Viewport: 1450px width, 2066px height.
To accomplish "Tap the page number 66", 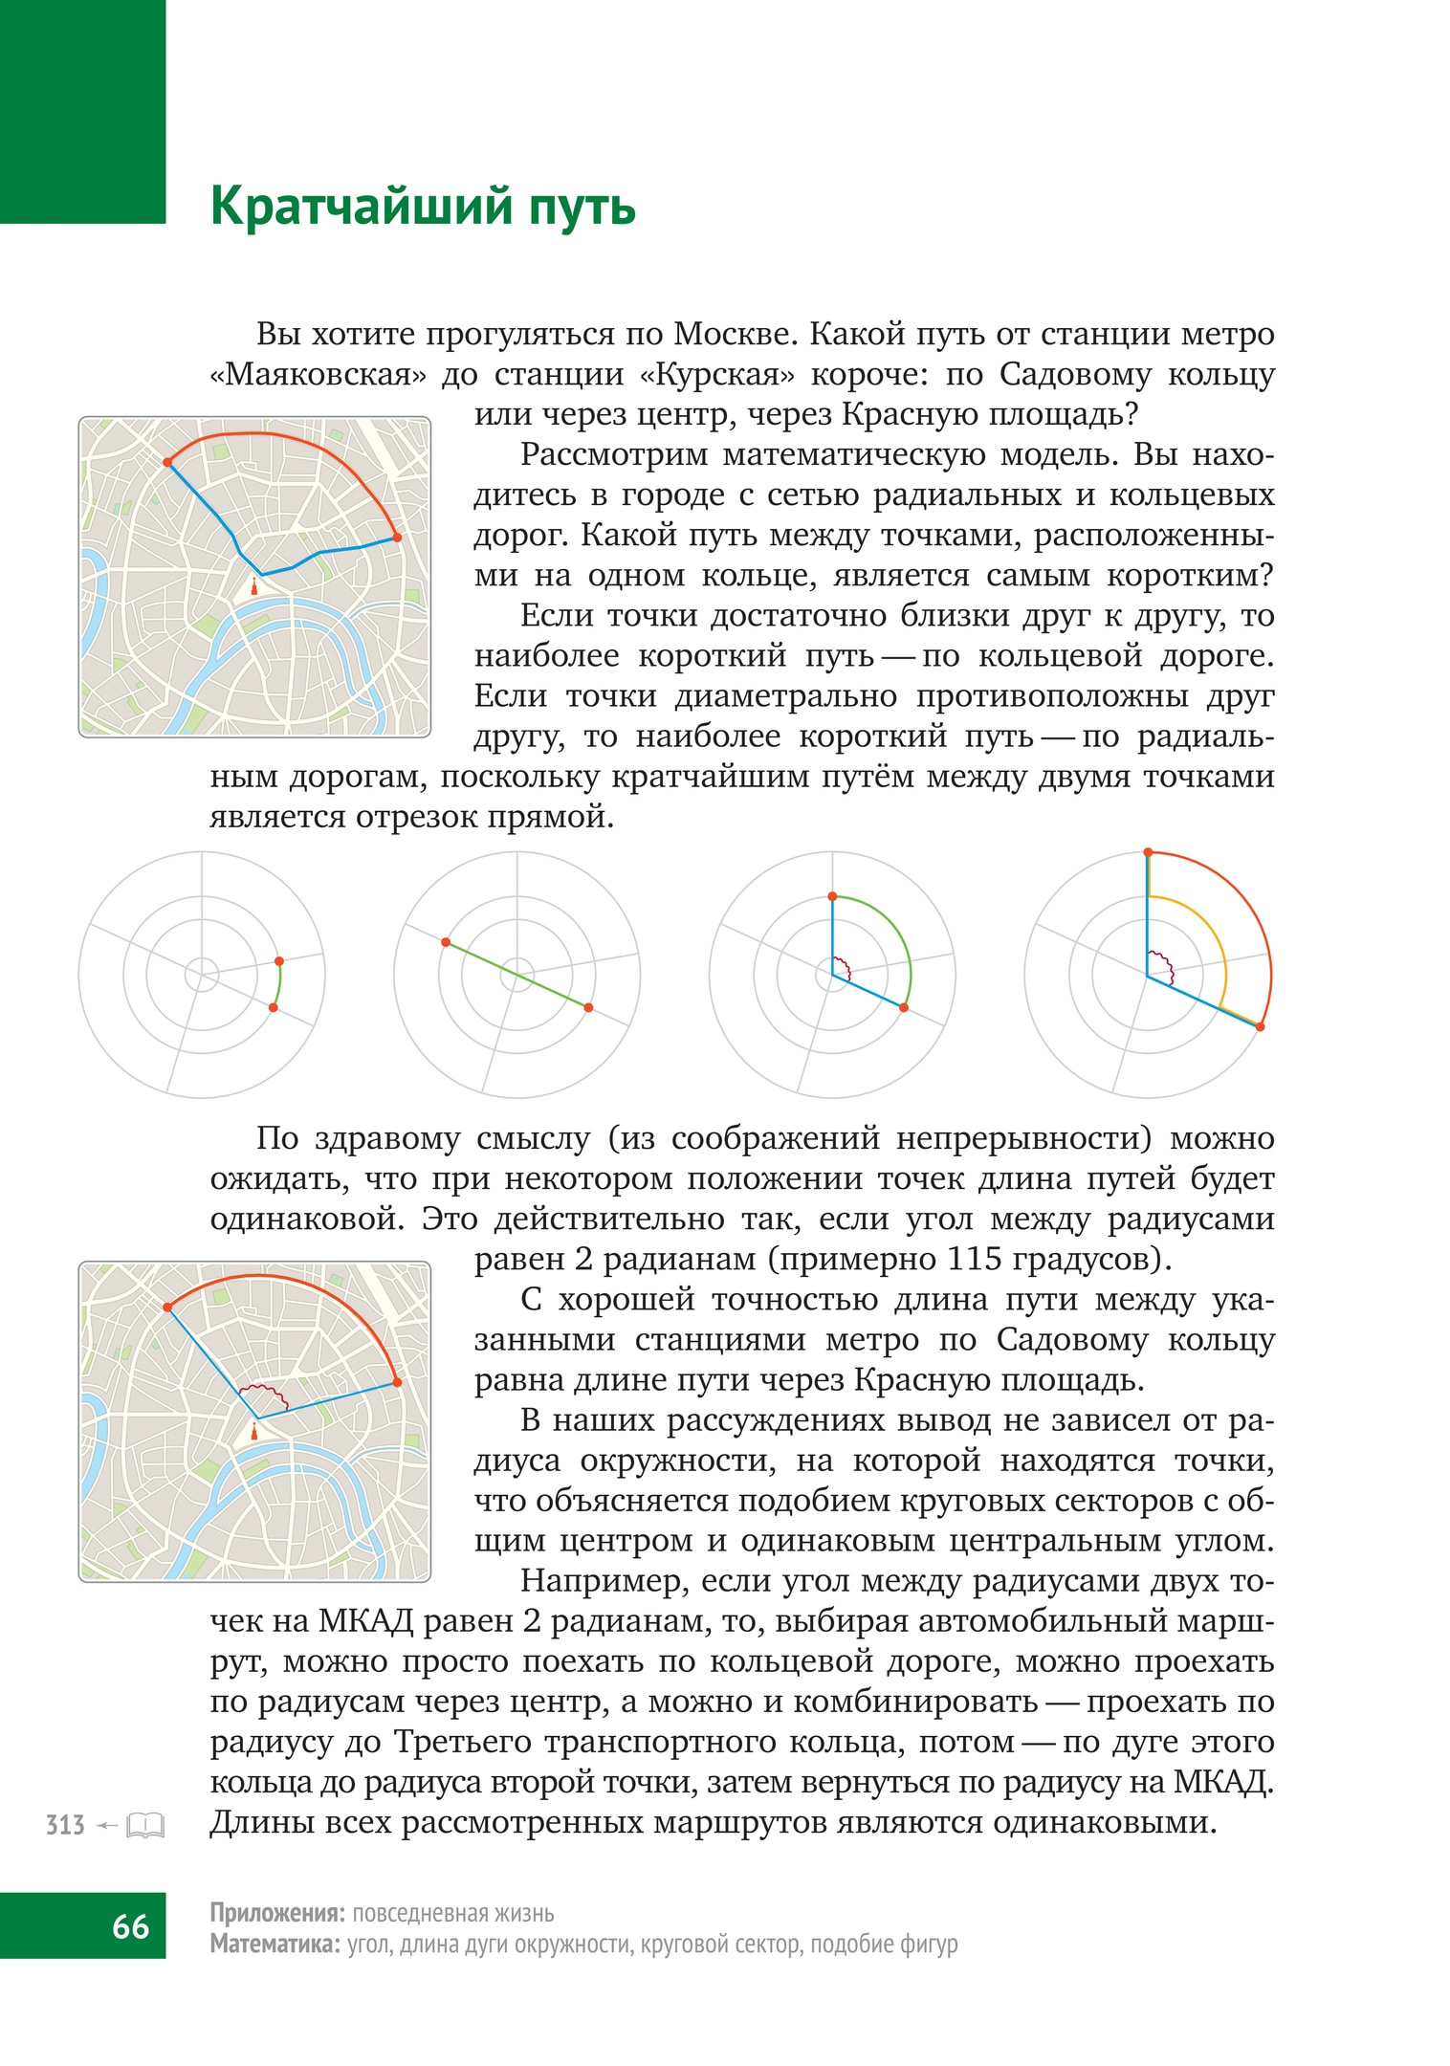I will [x=130, y=1925].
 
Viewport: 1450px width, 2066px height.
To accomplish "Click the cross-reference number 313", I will [x=65, y=1825].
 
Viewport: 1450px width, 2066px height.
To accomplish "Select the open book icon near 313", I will [x=145, y=1825].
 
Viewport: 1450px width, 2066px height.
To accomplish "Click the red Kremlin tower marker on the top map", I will [x=253, y=587].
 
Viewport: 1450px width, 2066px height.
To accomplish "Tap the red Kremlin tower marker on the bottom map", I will [x=253, y=1431].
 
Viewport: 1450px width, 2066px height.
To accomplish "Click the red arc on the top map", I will [x=287, y=437].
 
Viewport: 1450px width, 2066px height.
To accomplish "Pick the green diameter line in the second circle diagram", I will [x=516, y=976].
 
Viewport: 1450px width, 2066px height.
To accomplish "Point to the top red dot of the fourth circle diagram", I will [x=1148, y=852].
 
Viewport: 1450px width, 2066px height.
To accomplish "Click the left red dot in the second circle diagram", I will [x=446, y=943].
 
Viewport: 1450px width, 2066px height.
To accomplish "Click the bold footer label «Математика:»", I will [x=275, y=1944].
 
